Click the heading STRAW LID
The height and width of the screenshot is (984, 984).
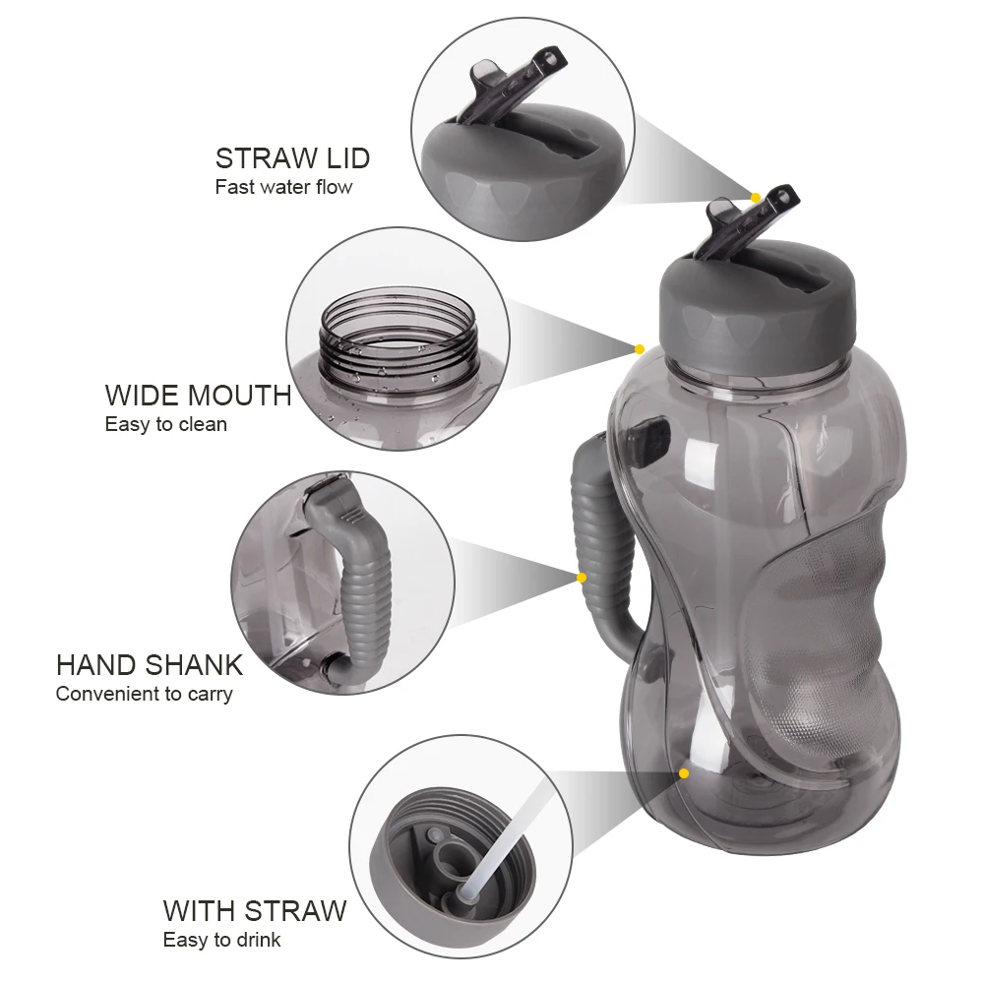(292, 157)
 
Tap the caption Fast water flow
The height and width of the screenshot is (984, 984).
(283, 187)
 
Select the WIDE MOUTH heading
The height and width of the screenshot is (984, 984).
(198, 396)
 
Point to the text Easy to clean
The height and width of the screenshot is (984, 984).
(165, 425)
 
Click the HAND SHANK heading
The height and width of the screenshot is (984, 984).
(149, 664)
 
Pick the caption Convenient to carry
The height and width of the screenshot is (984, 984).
(144, 694)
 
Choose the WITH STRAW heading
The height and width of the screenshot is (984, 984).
(255, 910)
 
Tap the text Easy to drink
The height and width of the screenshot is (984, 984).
(221, 940)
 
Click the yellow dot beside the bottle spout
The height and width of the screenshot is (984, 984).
(756, 198)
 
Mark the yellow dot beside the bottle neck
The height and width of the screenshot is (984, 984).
(639, 348)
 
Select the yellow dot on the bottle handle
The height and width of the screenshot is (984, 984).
(582, 578)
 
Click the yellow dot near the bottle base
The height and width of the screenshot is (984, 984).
(684, 773)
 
